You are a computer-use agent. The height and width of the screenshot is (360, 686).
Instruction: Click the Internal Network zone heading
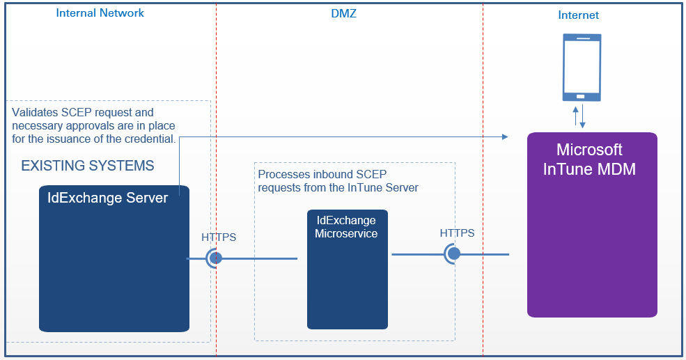coord(100,13)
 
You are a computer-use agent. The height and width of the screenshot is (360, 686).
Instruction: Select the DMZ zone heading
coord(343,13)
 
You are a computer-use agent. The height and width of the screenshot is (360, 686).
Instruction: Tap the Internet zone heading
coord(578,15)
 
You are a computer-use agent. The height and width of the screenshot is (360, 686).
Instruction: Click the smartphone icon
coord(582,68)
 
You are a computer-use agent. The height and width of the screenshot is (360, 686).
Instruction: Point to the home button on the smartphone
coord(581,96)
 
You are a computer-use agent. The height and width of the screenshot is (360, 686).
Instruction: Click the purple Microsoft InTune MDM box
coord(592,225)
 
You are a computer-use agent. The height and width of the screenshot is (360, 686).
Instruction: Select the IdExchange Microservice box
coord(348,269)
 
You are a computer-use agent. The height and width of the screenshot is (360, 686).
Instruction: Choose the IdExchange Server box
coord(114,258)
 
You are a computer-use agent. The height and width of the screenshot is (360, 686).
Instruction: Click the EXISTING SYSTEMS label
coord(88,166)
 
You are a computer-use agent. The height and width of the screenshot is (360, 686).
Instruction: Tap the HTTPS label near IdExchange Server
coord(219,237)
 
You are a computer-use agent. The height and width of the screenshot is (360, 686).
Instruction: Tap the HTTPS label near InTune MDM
coord(457,233)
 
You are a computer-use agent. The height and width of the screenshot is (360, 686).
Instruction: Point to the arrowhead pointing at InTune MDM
coord(505,137)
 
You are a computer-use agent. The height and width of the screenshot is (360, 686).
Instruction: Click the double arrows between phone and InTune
coord(579,116)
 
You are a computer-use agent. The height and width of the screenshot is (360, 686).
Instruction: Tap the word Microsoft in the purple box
coord(589,150)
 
